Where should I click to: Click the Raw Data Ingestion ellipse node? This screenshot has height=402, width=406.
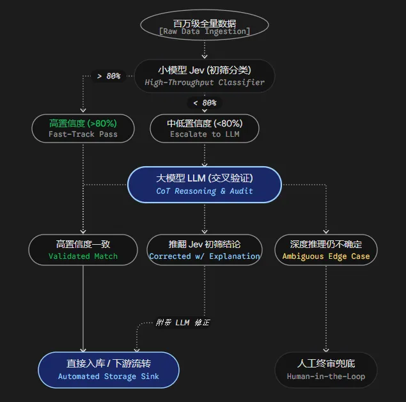point(205,25)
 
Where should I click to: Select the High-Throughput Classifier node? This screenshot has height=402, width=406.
point(205,76)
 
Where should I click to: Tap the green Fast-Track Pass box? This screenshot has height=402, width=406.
point(83,128)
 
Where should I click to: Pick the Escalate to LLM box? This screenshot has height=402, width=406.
point(205,128)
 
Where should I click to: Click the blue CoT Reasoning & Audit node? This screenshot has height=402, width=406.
point(205,185)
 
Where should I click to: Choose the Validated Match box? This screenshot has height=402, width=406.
point(83,250)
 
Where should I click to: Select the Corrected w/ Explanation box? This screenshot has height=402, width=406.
point(205,250)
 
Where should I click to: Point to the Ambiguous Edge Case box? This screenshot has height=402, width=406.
point(326,250)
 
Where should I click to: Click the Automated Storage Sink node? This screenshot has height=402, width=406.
point(109,370)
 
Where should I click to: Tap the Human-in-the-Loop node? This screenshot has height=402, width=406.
point(326,370)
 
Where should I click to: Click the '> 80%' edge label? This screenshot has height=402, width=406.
point(109,76)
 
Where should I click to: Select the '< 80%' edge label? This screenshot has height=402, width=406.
point(205,103)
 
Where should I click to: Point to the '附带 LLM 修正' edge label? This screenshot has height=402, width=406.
point(183,323)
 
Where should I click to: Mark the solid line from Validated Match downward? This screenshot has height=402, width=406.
point(83,309)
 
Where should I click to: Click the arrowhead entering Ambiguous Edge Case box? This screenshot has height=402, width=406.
point(326,231)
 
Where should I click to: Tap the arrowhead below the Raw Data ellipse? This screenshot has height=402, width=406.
point(205,57)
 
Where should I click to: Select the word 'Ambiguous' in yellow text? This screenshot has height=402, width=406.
point(303,256)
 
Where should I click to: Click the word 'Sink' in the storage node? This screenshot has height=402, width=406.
point(150,376)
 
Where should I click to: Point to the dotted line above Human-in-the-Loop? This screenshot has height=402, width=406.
point(326,309)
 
